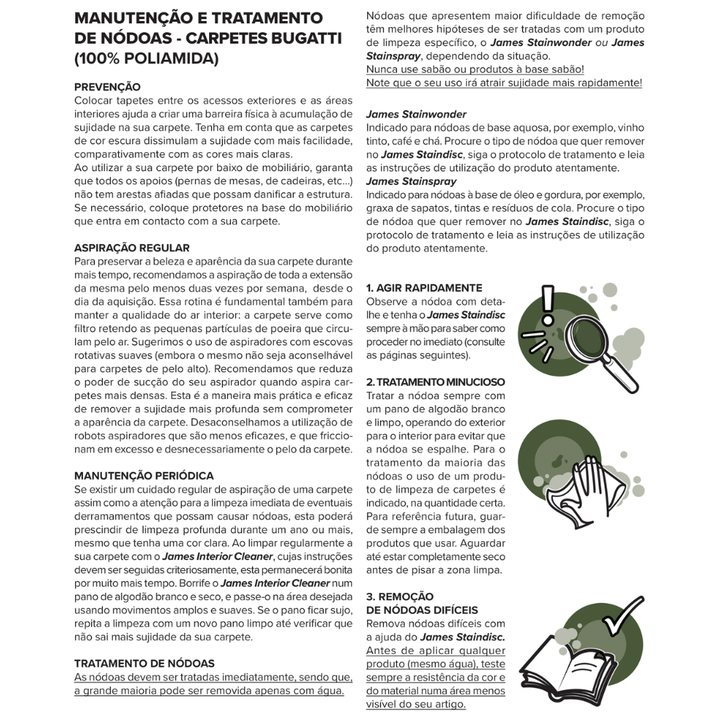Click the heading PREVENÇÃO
point(107,87)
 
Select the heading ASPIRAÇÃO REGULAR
point(132,248)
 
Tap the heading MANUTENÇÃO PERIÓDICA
point(143,476)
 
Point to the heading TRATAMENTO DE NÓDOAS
point(144,663)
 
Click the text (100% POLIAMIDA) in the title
point(146,59)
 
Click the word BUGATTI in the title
point(297,38)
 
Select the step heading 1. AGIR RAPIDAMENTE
point(423,288)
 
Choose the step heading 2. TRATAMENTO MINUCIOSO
point(435,382)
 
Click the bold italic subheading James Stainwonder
point(416,114)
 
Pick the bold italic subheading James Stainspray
point(411,181)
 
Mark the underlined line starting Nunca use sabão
point(474,69)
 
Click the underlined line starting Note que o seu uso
point(504,82)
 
